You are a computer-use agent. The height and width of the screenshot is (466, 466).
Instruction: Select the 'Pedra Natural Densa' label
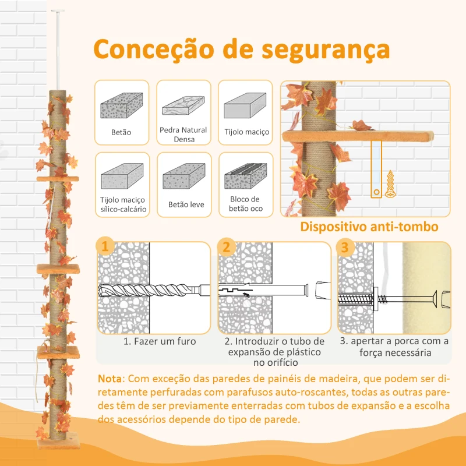click(183, 134)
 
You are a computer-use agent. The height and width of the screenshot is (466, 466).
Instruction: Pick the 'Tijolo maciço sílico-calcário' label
click(122, 204)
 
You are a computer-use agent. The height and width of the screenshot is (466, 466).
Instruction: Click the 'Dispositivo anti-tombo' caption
click(369, 226)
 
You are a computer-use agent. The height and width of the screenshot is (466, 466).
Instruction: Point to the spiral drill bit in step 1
click(149, 290)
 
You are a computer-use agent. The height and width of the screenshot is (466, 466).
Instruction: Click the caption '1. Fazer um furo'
click(159, 341)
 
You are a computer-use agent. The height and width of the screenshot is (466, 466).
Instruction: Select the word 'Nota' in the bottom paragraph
click(111, 378)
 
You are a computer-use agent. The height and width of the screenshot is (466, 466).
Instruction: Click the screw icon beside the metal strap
click(388, 186)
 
